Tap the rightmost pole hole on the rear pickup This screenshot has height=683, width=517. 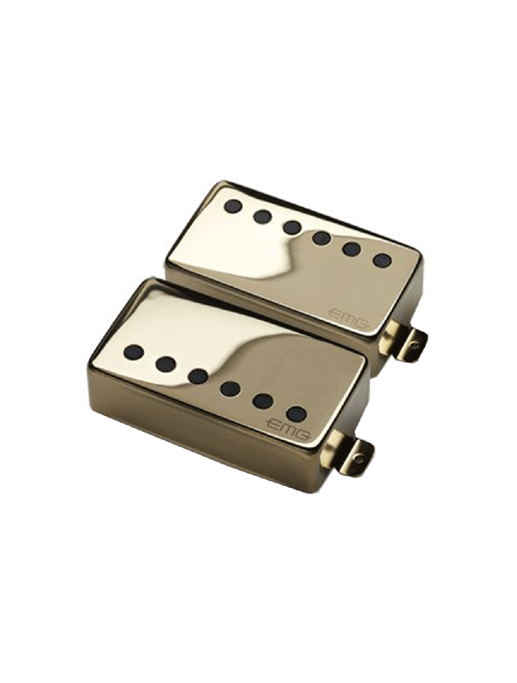pyautogui.click(x=383, y=259)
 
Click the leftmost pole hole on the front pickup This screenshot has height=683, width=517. pyautogui.click(x=134, y=352)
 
